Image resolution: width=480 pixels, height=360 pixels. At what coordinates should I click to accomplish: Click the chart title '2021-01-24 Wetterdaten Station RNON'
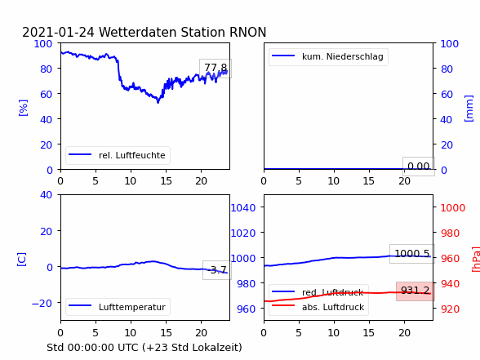coord(144,32)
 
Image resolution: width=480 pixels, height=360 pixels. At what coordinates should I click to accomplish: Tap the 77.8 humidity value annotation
coord(216,68)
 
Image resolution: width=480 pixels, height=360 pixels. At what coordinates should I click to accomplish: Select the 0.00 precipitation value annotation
coord(419,167)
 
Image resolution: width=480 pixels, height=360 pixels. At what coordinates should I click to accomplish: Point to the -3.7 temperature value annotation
coord(217,270)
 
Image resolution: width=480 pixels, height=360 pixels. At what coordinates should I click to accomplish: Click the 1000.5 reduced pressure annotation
coord(412,254)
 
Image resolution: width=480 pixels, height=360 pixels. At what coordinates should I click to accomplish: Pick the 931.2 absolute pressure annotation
coord(415,291)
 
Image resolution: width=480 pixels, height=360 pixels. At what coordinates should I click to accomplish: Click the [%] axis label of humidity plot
coord(23,108)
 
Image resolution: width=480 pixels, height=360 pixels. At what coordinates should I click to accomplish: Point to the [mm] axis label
coord(469,109)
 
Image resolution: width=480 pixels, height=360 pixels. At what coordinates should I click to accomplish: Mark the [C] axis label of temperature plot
coord(22,259)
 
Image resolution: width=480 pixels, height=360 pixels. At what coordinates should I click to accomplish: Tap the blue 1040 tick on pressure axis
coord(242,208)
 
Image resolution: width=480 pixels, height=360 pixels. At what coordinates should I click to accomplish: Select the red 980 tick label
coord(450,233)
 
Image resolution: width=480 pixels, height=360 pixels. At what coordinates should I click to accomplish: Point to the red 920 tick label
coord(450,309)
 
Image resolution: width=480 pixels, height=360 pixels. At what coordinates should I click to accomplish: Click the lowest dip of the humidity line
coord(158,102)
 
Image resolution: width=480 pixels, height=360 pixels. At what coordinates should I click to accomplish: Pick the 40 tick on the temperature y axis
coord(46,194)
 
